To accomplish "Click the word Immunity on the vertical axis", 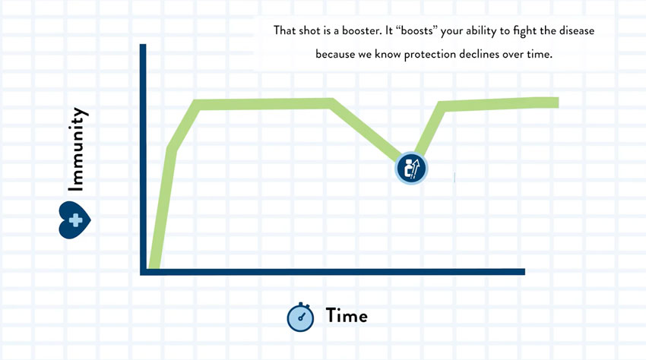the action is [77, 149].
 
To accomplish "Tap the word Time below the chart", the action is [347, 316].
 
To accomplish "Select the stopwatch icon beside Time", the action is [300, 317].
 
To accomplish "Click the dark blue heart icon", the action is [75, 220].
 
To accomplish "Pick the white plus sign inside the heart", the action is [75, 220].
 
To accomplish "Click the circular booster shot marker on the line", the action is [411, 168].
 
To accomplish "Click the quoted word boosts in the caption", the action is [416, 31].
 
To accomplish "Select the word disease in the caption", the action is [576, 31].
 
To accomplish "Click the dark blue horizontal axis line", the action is [332, 272].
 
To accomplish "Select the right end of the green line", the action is [558, 102].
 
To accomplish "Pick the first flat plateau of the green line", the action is [264, 104].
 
